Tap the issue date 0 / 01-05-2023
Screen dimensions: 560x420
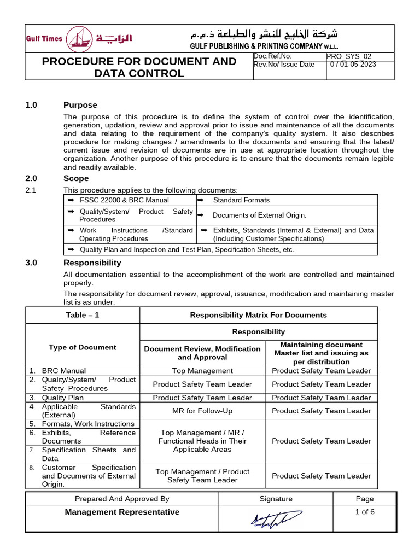353,65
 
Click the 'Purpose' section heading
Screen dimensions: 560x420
80,105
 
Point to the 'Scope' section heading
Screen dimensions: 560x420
76,178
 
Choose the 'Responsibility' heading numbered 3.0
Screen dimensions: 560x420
92,262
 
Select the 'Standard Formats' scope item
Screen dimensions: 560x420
241,200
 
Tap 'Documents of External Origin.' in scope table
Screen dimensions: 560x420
259,215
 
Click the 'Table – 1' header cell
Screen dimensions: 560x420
83,315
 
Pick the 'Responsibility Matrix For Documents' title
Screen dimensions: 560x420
258,315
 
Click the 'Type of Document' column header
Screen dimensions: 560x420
83,347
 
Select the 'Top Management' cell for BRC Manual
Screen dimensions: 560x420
202,371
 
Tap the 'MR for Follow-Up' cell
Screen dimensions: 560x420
202,411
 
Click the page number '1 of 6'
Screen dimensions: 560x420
364,512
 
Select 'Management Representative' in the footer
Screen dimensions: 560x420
122,512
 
